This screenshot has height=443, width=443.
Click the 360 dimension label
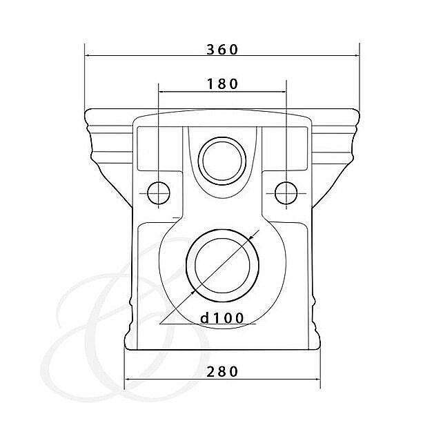tap(222, 50)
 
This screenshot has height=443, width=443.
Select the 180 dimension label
tap(222, 84)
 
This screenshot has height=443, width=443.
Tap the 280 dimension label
tap(222, 371)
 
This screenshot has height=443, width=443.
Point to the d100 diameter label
tap(221, 318)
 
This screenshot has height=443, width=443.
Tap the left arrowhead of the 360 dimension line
tap(87, 56)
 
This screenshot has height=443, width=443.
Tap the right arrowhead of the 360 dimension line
tap(357, 56)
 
